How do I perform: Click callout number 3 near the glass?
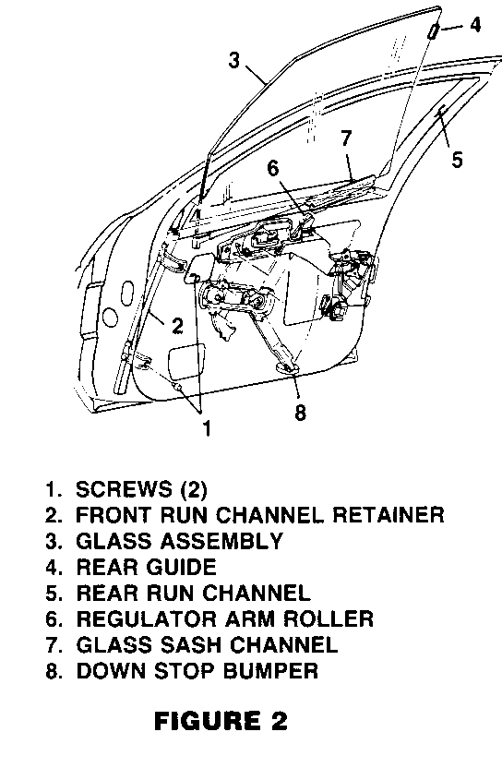coord(235,60)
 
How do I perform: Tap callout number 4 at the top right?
coord(474,24)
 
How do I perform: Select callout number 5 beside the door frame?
coord(457,160)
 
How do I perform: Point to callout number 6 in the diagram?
coord(273,168)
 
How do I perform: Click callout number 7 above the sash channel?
coord(346,138)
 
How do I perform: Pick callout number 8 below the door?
coord(300,412)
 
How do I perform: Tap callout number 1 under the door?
coord(207,427)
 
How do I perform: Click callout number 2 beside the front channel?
coord(177,325)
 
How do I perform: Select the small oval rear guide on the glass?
coord(434,30)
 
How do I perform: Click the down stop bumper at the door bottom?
coord(288,367)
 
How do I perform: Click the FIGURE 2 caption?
coord(221,721)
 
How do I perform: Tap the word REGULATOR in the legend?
coord(147,618)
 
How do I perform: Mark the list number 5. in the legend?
coord(54,594)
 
